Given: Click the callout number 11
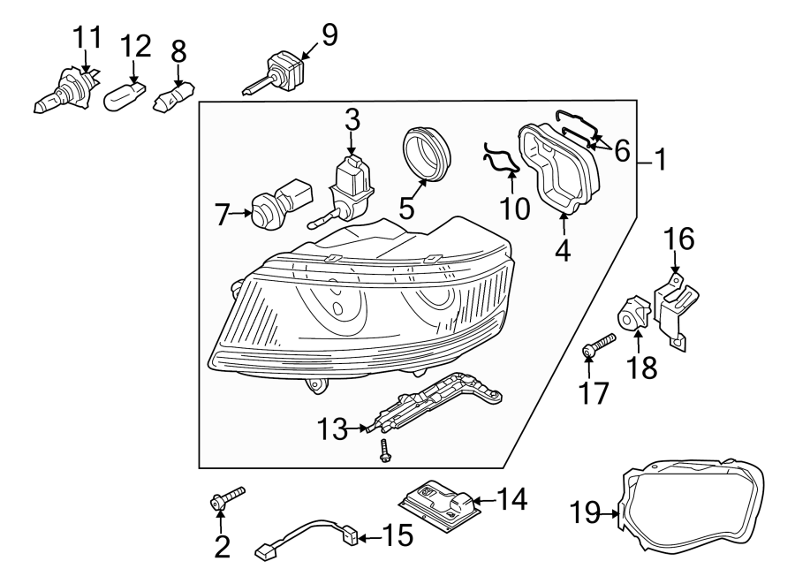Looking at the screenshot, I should click(87, 38).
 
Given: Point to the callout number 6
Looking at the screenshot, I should click(622, 151).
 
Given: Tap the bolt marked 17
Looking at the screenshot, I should click(596, 346).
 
